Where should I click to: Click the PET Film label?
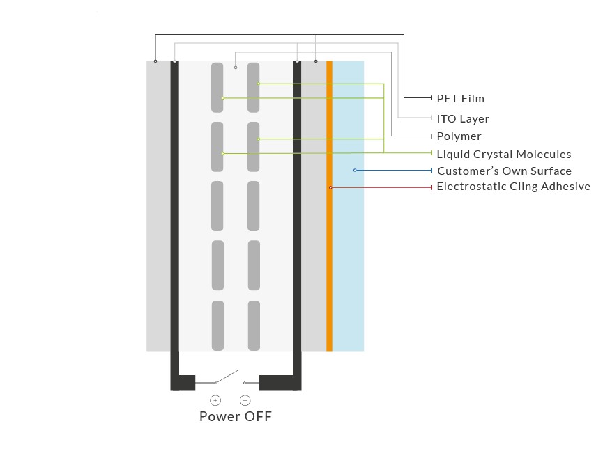460,99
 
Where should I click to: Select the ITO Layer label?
463,119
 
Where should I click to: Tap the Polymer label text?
459,136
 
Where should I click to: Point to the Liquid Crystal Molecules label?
503,155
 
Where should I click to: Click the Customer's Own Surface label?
504,171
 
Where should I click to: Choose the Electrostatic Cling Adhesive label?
513,187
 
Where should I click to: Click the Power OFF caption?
235,417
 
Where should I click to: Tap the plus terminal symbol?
215,400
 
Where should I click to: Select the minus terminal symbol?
245,400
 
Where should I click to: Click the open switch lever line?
227,376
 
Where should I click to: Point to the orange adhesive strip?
329,264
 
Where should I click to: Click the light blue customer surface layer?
348,264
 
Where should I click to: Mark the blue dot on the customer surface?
355,171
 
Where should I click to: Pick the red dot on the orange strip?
330,187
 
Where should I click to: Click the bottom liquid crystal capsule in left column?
217,326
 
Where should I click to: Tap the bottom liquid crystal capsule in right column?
253,326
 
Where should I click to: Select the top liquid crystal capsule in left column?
217,87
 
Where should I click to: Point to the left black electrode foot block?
183,383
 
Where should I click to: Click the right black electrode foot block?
279,383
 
